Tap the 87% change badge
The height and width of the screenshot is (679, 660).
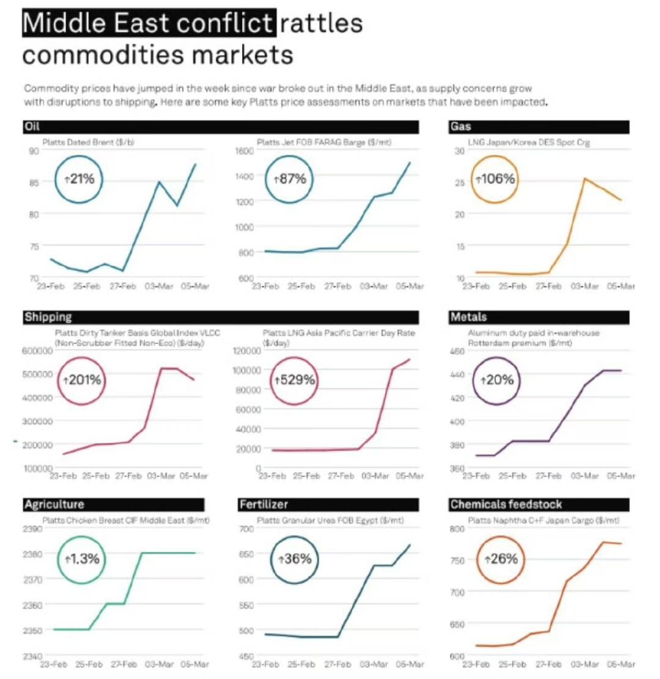290,180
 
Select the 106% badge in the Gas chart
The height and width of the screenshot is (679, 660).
496,179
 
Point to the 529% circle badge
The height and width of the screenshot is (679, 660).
294,380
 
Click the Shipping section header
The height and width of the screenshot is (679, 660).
48,317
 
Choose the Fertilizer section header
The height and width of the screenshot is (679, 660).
263,505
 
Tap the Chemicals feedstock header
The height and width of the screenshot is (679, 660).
505,505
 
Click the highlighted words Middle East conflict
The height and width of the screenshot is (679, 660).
147,24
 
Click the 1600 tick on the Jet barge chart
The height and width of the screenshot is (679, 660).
244,150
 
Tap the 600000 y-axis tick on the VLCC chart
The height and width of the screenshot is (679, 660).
37,351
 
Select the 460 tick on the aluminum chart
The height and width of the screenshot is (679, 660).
458,351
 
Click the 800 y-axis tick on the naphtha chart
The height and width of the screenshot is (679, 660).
458,529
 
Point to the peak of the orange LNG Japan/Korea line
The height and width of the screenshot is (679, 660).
584,179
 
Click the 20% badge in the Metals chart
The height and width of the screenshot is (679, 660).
497,380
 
